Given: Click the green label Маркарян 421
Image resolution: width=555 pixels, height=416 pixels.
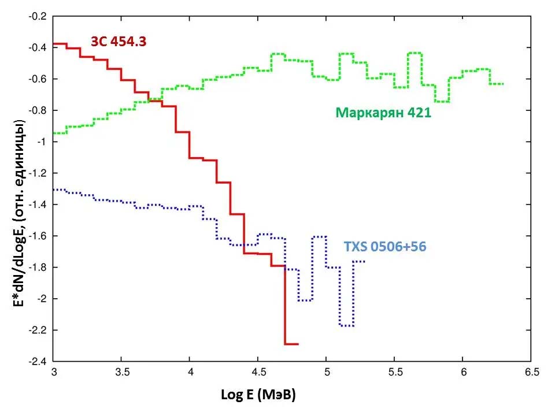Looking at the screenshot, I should [383, 113].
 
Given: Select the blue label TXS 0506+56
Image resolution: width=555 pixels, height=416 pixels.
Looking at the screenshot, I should [384, 247].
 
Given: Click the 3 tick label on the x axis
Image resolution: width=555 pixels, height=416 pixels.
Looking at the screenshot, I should [53, 373].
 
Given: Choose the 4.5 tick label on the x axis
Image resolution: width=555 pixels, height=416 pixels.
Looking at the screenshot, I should [258, 373].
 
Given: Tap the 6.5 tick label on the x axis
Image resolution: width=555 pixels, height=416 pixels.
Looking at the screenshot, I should [531, 373].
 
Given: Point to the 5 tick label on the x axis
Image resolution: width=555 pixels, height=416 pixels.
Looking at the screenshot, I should [327, 373].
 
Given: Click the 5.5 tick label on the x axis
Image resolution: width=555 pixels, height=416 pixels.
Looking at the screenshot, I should [395, 373].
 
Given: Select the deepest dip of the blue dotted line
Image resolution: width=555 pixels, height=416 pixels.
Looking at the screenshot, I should [347, 326].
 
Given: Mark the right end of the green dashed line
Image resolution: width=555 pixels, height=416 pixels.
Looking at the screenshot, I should [504, 84].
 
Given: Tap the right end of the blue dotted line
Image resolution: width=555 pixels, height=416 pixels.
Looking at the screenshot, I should [364, 262].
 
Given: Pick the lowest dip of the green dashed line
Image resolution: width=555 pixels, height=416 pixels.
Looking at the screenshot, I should [442, 102].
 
